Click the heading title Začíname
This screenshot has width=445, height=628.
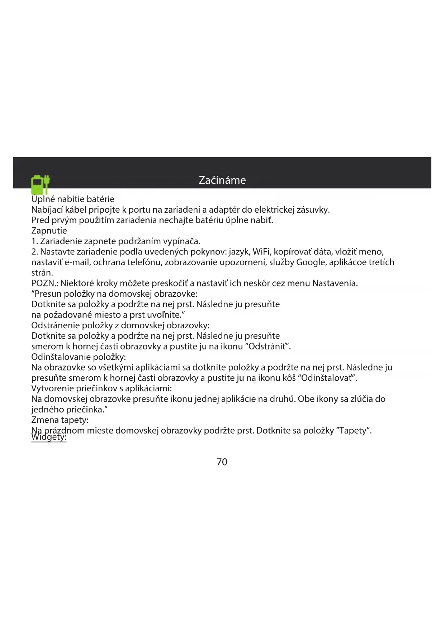[222, 180]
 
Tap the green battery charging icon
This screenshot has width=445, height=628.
[40, 184]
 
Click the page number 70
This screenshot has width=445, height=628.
[222, 462]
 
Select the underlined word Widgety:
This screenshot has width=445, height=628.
[49, 438]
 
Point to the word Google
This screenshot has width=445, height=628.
[310, 262]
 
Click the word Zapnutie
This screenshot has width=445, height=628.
[49, 231]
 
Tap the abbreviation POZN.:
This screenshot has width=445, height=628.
[45, 283]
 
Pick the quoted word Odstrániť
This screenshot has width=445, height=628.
[267, 347]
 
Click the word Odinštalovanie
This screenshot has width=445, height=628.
[61, 357]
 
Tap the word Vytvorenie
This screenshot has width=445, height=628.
[52, 388]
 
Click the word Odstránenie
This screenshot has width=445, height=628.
[55, 325]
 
